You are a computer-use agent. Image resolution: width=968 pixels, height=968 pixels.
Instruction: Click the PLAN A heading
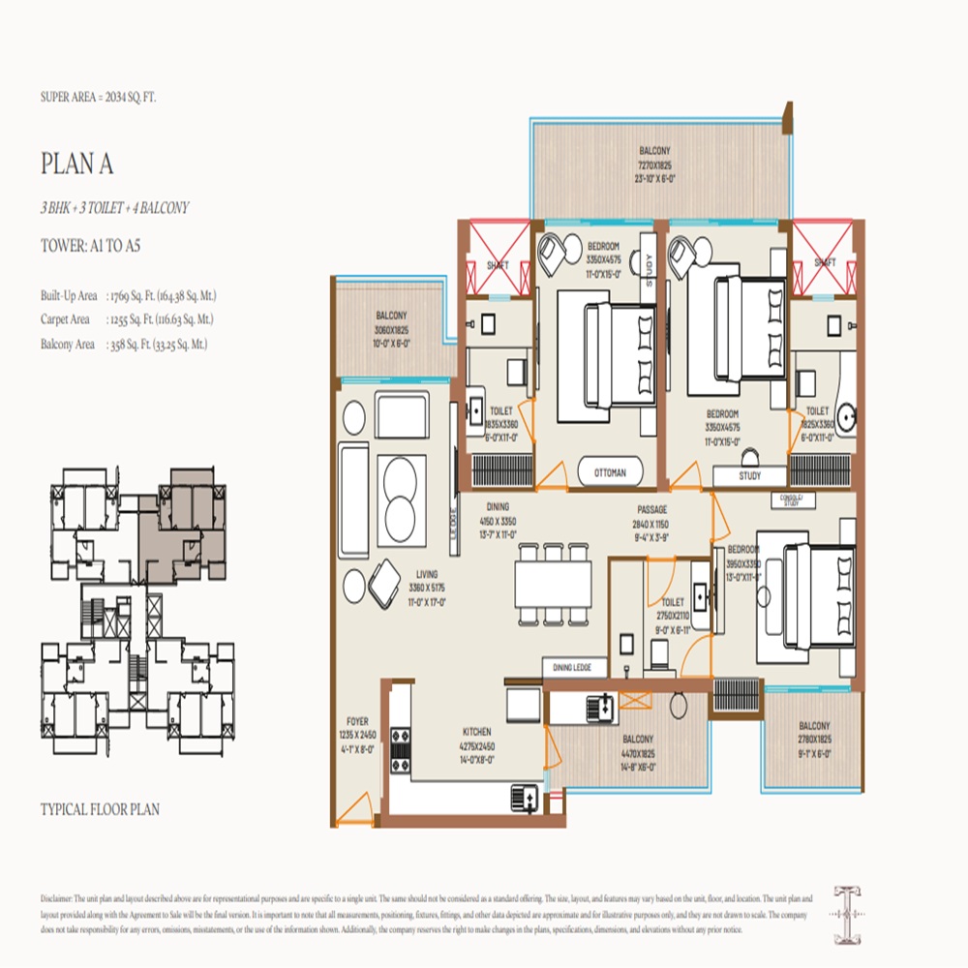pyautogui.click(x=77, y=164)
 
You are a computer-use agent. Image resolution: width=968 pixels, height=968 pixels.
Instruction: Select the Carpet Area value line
pyautogui.click(x=127, y=318)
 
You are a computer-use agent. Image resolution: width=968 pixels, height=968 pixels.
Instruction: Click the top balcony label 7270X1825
pyautogui.click(x=654, y=166)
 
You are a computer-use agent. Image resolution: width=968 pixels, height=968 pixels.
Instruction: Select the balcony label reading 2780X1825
pyautogui.click(x=813, y=739)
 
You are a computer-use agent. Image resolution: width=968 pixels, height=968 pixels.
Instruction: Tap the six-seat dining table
pyautogui.click(x=552, y=584)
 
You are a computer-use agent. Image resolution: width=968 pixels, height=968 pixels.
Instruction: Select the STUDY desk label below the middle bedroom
pyautogui.click(x=749, y=476)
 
